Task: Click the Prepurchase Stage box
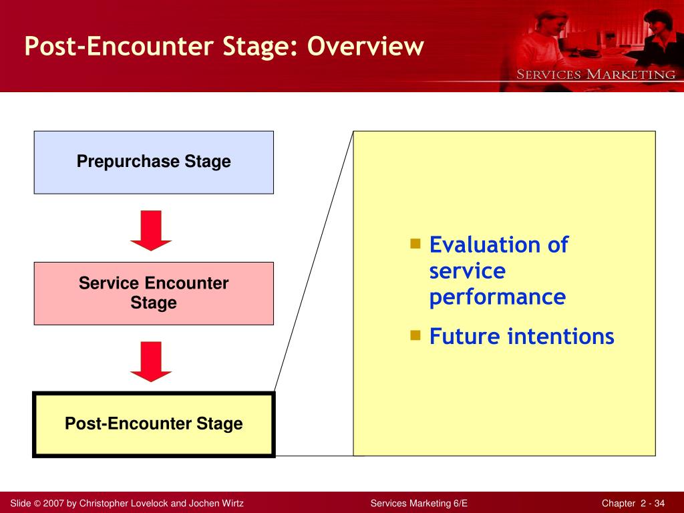(x=154, y=162)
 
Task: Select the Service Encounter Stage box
(x=154, y=294)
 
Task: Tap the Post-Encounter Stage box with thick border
(x=154, y=424)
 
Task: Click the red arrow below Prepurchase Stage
(x=151, y=230)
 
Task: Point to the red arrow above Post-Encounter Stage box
(x=151, y=361)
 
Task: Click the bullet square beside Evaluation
(x=415, y=243)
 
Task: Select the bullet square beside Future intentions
(x=415, y=335)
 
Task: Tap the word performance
(x=497, y=298)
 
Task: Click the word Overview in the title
(x=365, y=46)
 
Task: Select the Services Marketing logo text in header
(x=596, y=75)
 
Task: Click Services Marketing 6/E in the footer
(x=419, y=504)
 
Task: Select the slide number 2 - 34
(x=653, y=504)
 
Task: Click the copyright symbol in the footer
(x=37, y=504)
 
